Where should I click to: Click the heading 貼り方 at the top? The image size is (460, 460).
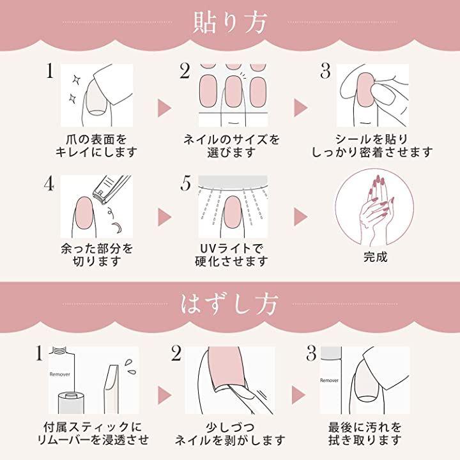point(230,22)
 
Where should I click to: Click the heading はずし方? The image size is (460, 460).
point(229,304)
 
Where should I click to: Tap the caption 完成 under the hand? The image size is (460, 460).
point(375,257)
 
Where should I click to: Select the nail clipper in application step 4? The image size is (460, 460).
point(111,188)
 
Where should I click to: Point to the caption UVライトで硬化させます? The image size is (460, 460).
point(231,255)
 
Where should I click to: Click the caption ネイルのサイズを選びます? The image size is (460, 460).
point(231,146)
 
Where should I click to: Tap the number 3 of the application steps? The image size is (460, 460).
point(325,72)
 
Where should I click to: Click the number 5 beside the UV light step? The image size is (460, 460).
point(186,183)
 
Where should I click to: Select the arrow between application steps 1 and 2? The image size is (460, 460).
point(164,108)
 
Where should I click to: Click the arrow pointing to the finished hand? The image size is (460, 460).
point(301,217)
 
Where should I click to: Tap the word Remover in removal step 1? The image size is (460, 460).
point(60,374)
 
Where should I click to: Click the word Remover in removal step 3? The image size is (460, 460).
point(329,380)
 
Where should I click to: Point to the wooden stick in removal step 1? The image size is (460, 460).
point(111,388)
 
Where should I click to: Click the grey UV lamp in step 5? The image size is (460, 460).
point(233,181)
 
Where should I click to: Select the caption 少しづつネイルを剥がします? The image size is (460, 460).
point(230,434)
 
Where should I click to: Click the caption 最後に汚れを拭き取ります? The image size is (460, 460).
point(365,434)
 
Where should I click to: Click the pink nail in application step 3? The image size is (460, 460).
point(366,89)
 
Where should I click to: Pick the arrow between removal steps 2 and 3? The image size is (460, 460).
point(298,395)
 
